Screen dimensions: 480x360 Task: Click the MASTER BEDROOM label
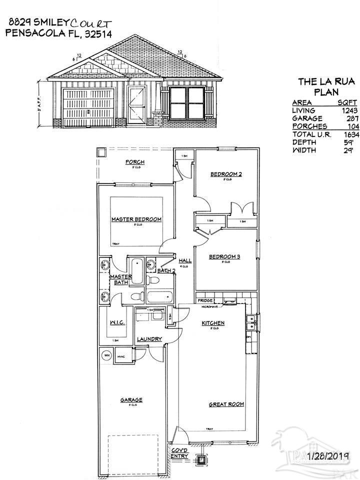[136, 219]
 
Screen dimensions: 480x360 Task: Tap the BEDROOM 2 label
[226, 174]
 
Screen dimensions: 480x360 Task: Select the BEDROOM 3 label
[224, 257]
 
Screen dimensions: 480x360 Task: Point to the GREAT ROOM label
[226, 404]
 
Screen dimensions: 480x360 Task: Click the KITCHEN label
[213, 323]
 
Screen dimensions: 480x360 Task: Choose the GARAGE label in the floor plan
[131, 399]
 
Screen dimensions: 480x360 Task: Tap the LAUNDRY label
[149, 339]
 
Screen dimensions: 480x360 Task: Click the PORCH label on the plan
[135, 162]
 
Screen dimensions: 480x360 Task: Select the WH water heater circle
[106, 355]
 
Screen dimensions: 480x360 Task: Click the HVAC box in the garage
[121, 356]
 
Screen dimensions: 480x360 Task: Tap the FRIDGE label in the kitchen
[205, 300]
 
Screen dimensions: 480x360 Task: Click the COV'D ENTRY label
[179, 452]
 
